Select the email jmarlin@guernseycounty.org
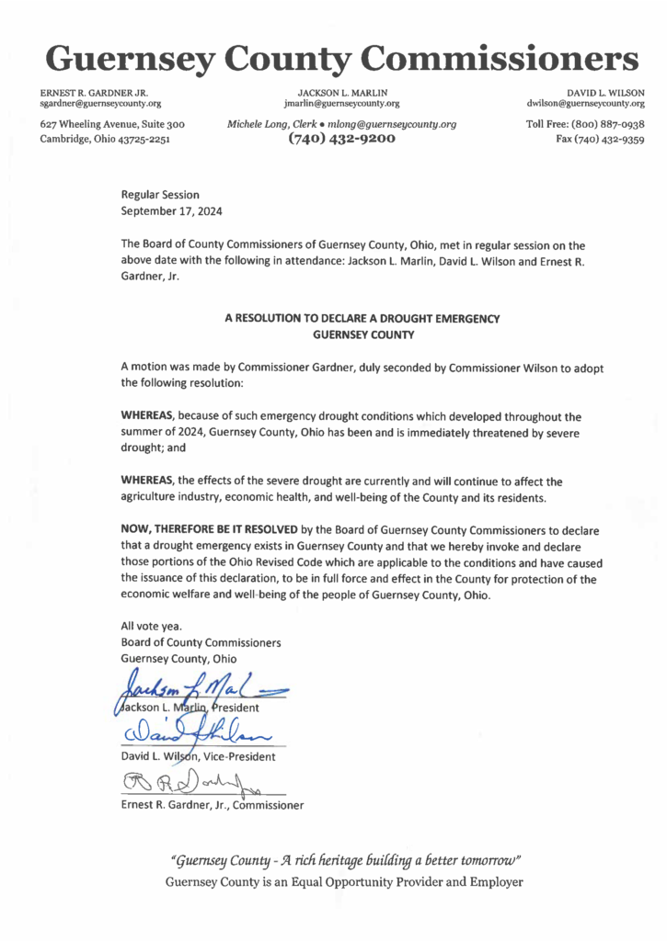tap(341, 104)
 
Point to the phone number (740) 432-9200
tap(341, 139)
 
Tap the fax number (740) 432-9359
tap(602, 140)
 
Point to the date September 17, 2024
tap(172, 210)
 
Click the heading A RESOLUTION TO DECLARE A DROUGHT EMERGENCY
tap(362, 318)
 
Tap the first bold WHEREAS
tap(148, 415)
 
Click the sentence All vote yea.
tap(145, 626)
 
